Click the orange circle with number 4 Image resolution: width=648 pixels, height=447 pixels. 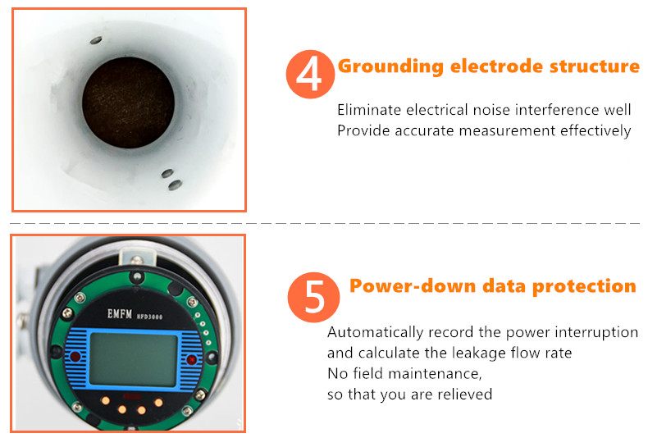coord(310,75)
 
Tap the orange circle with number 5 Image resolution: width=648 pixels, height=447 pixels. coord(313,297)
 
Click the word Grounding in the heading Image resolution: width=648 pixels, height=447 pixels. coord(390,67)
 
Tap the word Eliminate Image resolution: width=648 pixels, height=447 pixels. coord(369,110)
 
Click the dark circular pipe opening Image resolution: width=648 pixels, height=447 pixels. coord(128,103)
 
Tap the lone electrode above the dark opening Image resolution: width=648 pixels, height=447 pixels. coord(96,40)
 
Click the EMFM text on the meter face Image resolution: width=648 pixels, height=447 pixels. coord(120,314)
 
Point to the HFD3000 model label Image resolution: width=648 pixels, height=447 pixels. coord(149,317)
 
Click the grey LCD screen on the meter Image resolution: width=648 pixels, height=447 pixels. coord(134,360)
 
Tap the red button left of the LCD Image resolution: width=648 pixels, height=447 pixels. coord(75,356)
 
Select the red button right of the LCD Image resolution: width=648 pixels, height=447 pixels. coord(192,360)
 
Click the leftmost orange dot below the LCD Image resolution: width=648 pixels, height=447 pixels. coord(106,400)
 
